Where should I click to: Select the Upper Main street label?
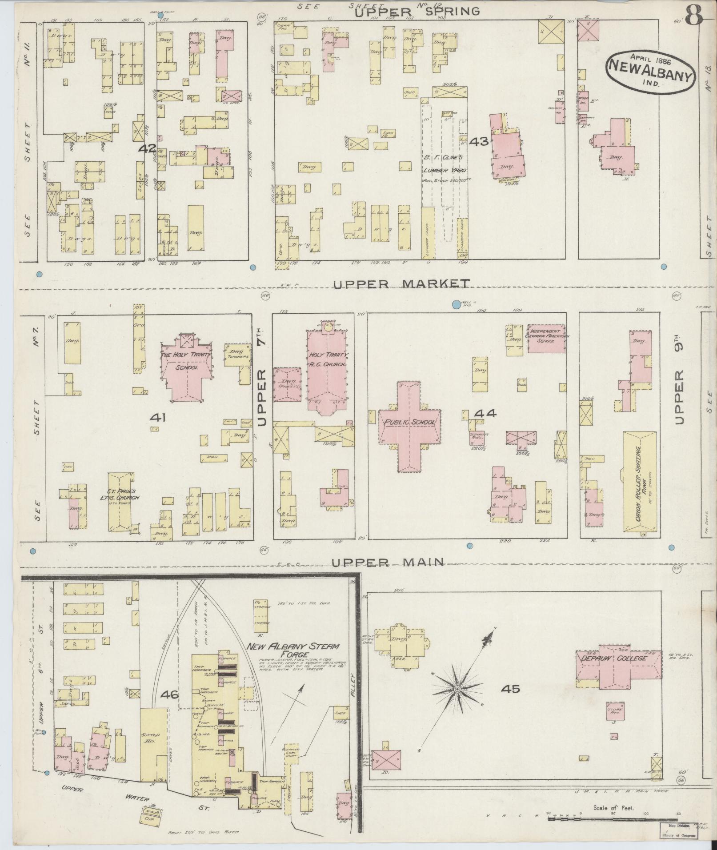(388, 562)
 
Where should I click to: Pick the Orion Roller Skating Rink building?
(639, 481)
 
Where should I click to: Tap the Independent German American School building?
(547, 339)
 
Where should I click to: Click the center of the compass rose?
(457, 702)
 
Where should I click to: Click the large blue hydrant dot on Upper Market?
(456, 304)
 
